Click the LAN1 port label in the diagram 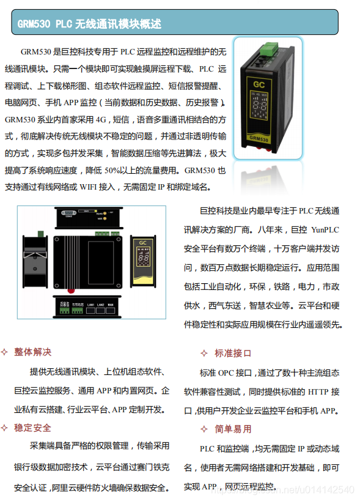(x=90, y=304)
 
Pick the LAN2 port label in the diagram (x=100, y=304)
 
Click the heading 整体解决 (x=33, y=352)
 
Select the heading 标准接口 (x=233, y=354)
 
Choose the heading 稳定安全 (x=33, y=428)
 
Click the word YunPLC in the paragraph (x=325, y=231)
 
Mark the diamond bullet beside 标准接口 (x=204, y=354)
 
